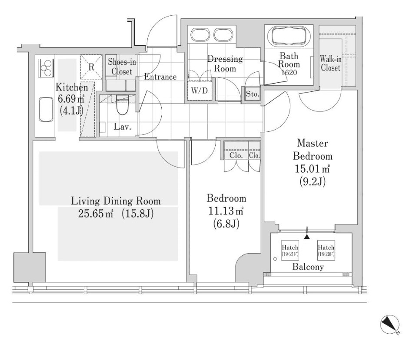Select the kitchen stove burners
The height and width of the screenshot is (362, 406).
pyautogui.click(x=45, y=67)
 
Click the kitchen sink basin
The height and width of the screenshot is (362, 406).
pyautogui.click(x=45, y=110)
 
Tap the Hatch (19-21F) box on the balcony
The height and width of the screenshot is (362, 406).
pyautogui.click(x=290, y=250)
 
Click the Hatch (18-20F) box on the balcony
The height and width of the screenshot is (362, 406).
pyautogui.click(x=326, y=250)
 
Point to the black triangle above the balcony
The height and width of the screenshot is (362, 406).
pyautogui.click(x=307, y=237)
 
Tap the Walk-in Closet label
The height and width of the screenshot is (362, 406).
pyautogui.click(x=330, y=64)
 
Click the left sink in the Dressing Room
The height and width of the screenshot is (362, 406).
pyautogui.click(x=200, y=35)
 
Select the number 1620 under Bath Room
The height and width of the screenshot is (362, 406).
pyautogui.click(x=288, y=73)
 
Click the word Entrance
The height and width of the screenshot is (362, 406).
pyautogui.click(x=160, y=77)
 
